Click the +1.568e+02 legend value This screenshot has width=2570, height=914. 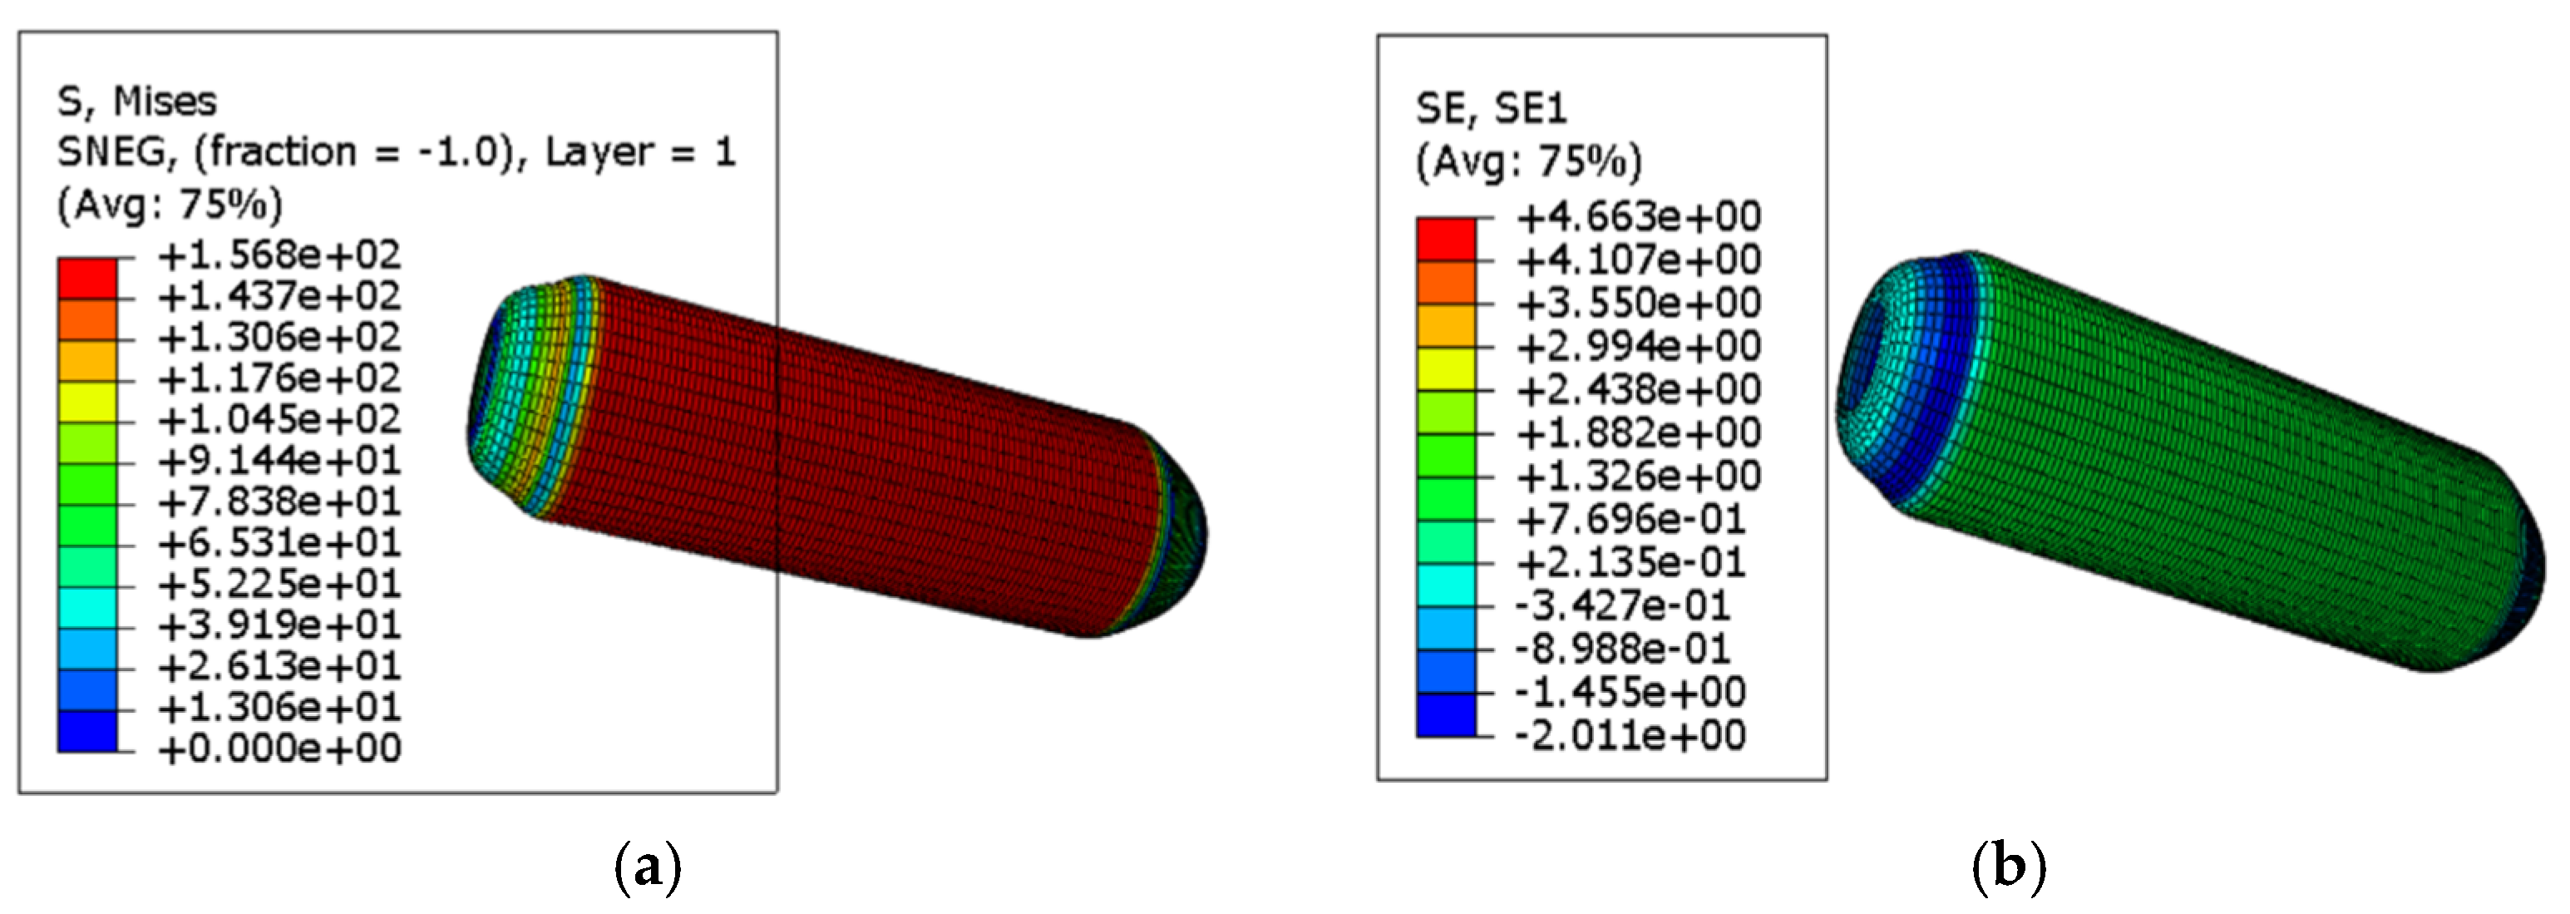pos(279,255)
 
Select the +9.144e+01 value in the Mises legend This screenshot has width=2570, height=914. pos(279,460)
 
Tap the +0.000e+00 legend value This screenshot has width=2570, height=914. pos(279,748)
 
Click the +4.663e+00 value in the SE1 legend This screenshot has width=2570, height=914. pos(1638,215)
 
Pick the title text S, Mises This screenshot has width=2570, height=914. pos(136,101)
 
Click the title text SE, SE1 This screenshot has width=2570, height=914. pos(1491,108)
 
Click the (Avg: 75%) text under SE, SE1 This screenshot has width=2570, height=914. pos(1528,161)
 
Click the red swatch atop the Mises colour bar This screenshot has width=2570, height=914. pos(88,278)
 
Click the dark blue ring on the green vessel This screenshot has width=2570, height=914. pos(1946,379)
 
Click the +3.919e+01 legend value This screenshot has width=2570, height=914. pos(279,625)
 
